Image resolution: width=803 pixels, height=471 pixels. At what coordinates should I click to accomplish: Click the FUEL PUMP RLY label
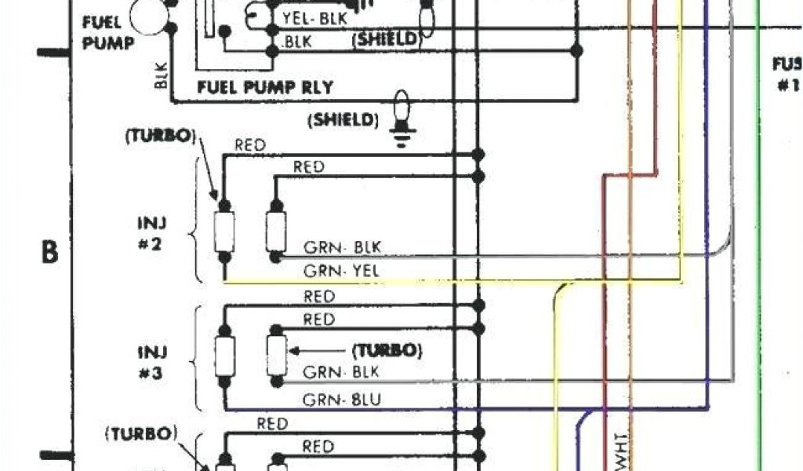point(265,87)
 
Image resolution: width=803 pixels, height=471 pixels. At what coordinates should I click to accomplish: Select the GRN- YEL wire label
point(342,271)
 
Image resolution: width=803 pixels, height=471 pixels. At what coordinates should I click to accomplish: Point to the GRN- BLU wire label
point(342,400)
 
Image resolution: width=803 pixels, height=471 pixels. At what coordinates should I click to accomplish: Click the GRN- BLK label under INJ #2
point(342,247)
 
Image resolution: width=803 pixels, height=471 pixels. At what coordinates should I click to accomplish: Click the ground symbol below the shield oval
point(402,140)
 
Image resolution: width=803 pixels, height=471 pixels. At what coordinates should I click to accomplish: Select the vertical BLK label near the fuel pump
point(162,75)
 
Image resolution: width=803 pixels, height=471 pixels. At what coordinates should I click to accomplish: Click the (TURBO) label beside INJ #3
point(387,349)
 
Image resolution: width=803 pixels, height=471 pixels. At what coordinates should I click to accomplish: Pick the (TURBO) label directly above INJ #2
point(158,136)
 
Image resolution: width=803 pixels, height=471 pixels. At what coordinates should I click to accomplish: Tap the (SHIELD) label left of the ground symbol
point(343,120)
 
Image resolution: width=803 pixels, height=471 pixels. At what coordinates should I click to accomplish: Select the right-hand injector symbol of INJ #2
point(274,230)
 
